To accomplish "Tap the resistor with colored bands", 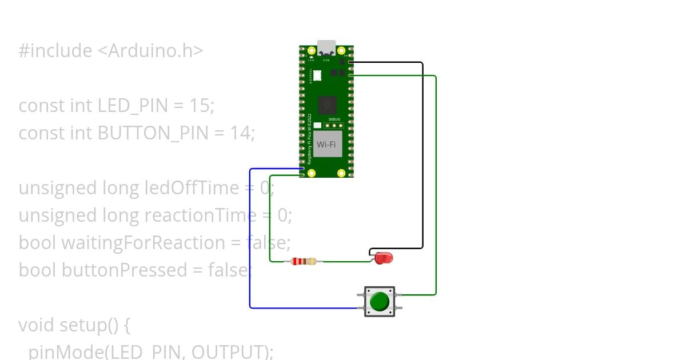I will click(x=304, y=262).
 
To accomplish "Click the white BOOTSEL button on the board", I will click(x=317, y=75).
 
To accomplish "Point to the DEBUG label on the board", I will click(x=334, y=119).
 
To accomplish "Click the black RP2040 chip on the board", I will click(x=327, y=105).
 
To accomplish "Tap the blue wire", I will click(x=250, y=240).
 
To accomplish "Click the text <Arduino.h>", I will click(x=150, y=51).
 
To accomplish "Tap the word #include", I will click(x=55, y=51).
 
